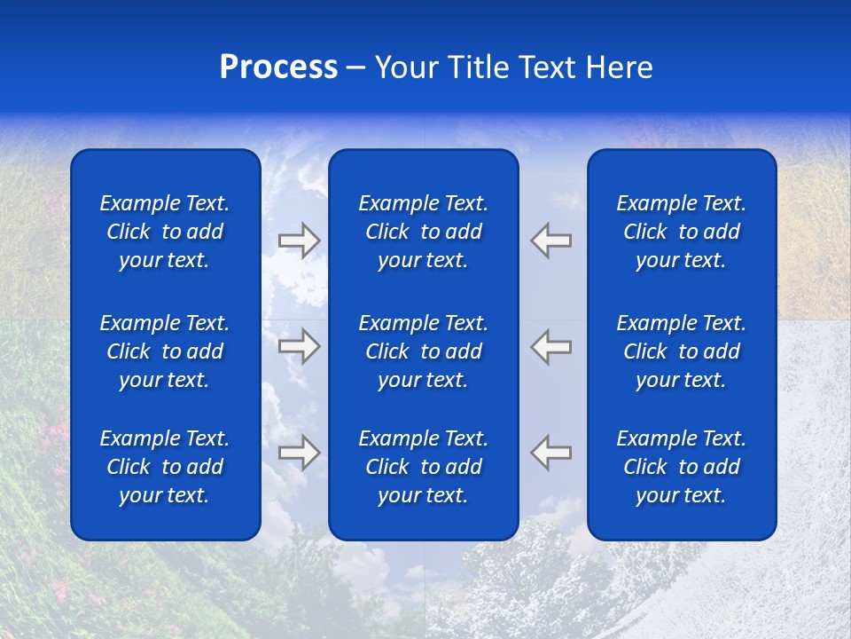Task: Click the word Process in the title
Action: coord(278,67)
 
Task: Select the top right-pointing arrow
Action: coord(300,241)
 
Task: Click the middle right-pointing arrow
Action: coord(300,346)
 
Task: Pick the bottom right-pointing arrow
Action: coord(300,453)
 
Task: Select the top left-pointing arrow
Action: coord(550,241)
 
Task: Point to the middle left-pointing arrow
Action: coord(550,346)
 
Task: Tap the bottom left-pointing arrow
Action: coord(550,453)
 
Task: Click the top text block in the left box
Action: coord(165,232)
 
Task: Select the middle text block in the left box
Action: coord(165,351)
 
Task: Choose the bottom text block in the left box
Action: coord(165,467)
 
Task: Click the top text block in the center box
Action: coord(423,232)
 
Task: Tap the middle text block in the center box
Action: coord(423,351)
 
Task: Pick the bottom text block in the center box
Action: coord(423,467)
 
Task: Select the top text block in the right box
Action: coord(681,232)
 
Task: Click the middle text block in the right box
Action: coord(681,351)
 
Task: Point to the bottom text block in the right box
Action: coord(681,467)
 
